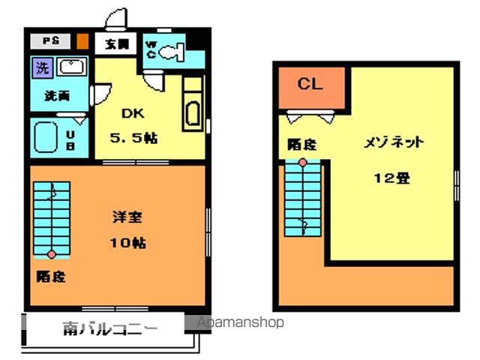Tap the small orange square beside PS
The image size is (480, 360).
[x=82, y=41]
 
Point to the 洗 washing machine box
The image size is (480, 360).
[x=42, y=67]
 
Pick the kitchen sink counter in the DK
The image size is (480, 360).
[x=192, y=106]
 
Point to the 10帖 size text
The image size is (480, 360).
[x=128, y=242]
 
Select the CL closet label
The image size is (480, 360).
[x=310, y=84]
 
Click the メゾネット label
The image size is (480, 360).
[x=394, y=142]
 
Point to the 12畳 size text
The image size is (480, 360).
[x=392, y=178]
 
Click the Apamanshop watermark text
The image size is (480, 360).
[x=240, y=322]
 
